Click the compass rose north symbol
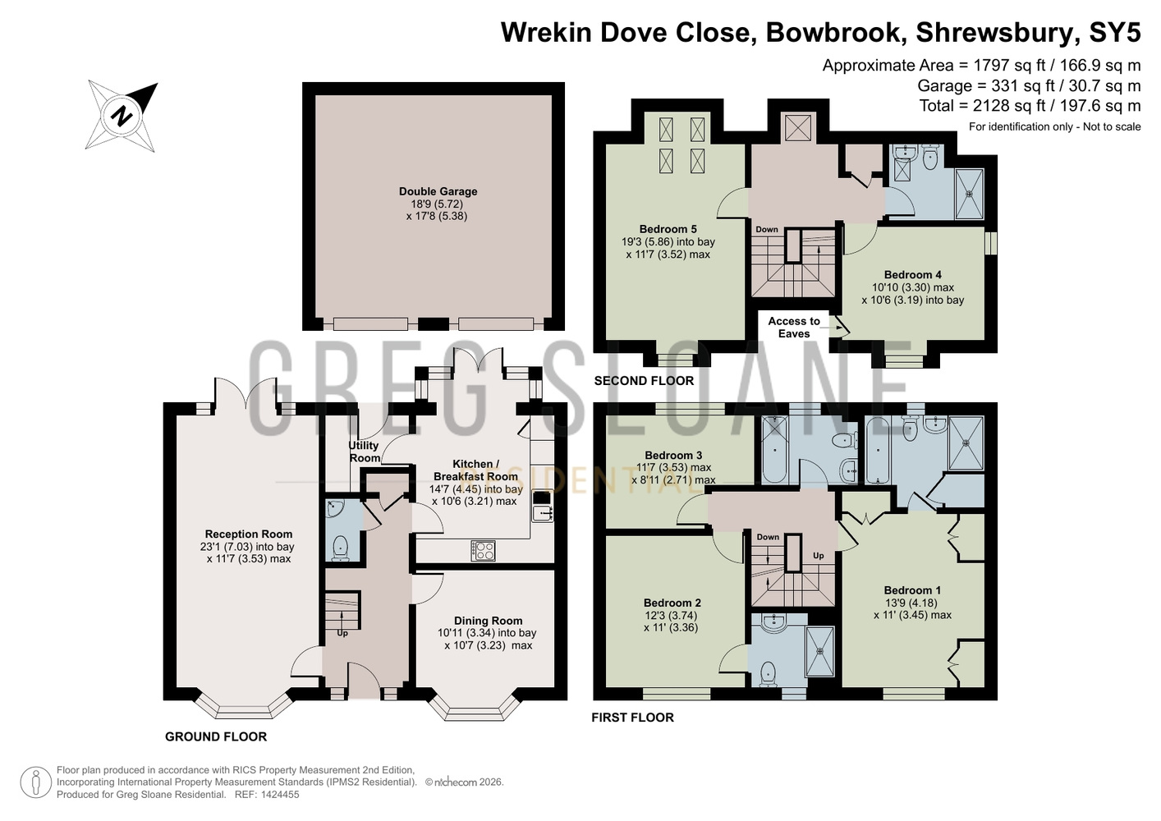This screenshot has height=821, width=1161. click(x=122, y=116)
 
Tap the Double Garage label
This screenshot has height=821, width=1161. click(x=438, y=191)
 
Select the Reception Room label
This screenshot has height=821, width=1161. click(x=249, y=534)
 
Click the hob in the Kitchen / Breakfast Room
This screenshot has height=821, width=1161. click(x=483, y=550)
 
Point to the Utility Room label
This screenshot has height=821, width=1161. click(x=365, y=452)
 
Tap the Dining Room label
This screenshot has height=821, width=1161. click(x=488, y=621)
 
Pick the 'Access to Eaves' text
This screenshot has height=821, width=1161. click(x=793, y=327)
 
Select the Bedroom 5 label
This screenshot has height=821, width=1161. click(x=668, y=229)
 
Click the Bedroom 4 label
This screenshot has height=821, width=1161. click(x=913, y=275)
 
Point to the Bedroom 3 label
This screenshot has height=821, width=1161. click(x=672, y=455)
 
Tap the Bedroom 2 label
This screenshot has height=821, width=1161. click(x=672, y=603)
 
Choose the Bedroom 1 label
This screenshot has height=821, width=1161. click(x=912, y=589)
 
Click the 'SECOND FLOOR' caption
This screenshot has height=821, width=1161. click(x=644, y=381)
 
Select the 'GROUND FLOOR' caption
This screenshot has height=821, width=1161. click(x=216, y=736)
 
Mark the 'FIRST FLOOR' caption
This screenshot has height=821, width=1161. click(x=632, y=718)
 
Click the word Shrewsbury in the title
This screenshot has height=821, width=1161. click(x=994, y=32)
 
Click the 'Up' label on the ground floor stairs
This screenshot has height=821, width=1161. click(x=342, y=633)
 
